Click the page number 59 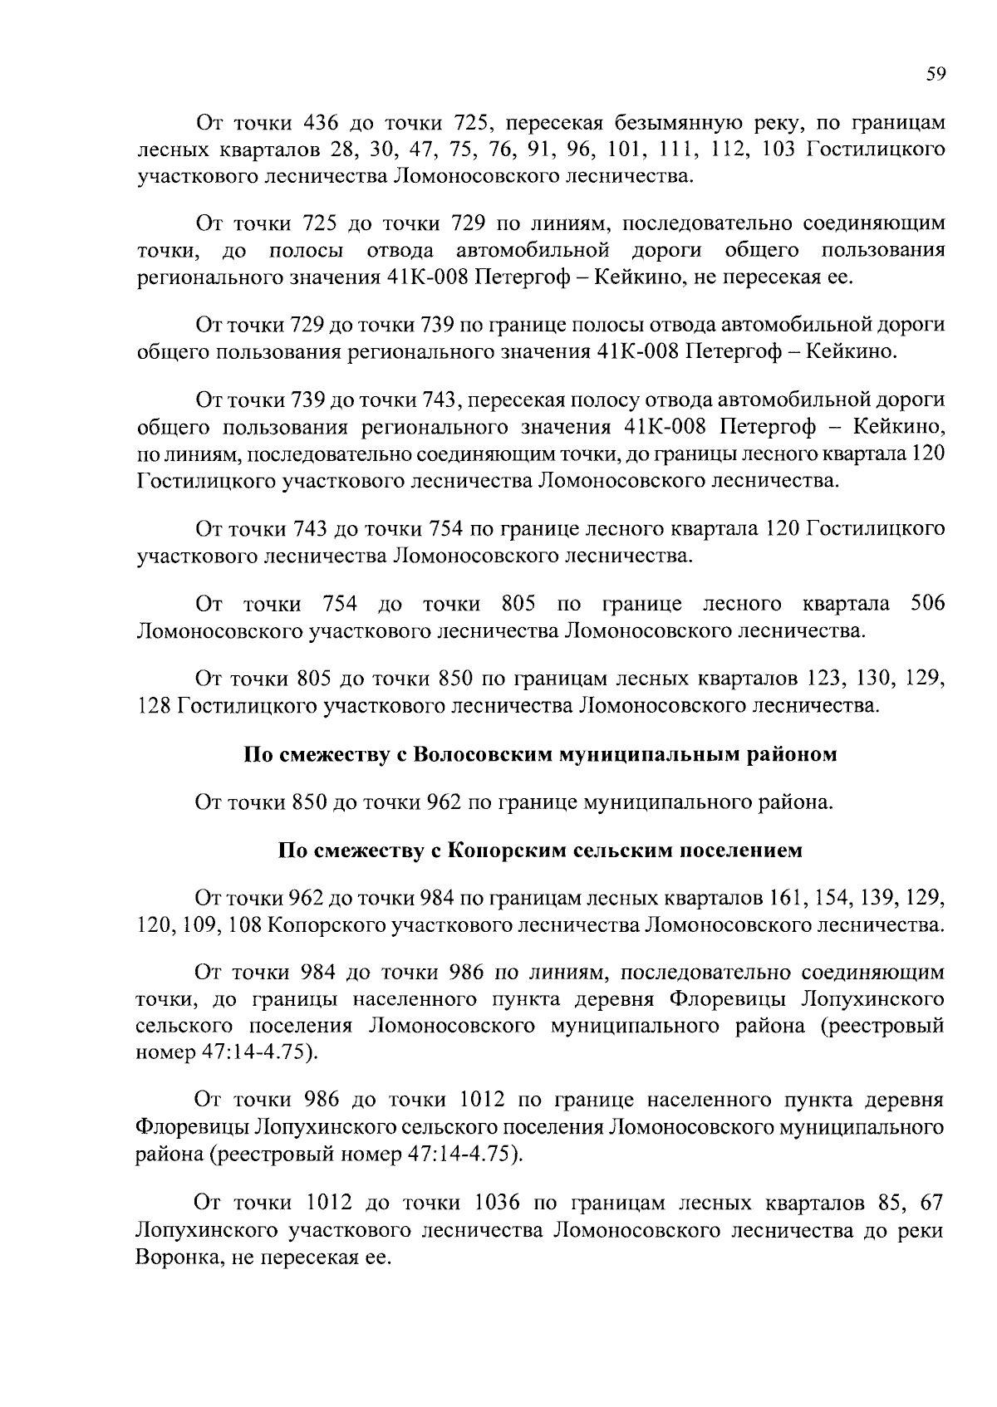(x=936, y=75)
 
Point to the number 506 (x=927, y=603)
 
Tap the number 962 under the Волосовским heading (x=444, y=802)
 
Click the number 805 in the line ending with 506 (x=519, y=603)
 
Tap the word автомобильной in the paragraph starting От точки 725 (x=532, y=250)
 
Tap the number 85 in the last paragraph (x=889, y=1203)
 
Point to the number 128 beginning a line (x=153, y=706)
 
